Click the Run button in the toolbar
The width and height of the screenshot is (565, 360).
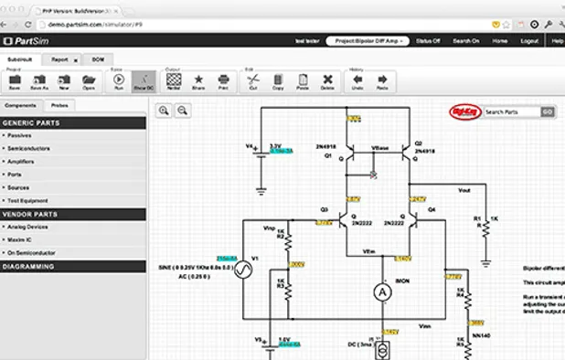(x=119, y=82)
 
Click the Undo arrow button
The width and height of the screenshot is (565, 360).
(x=357, y=82)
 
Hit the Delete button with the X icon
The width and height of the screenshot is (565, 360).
(x=327, y=82)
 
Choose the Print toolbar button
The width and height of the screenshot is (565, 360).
(x=223, y=82)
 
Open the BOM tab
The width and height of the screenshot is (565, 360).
(x=99, y=58)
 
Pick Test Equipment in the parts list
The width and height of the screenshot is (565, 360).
(x=28, y=199)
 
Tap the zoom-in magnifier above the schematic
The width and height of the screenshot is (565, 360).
(x=164, y=111)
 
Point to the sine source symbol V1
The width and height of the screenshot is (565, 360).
(x=244, y=270)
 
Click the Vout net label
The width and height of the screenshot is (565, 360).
(x=464, y=191)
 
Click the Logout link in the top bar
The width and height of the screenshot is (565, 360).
(x=528, y=41)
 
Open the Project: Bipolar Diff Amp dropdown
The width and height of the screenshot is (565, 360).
(x=365, y=41)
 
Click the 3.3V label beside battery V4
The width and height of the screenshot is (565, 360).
(x=275, y=146)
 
